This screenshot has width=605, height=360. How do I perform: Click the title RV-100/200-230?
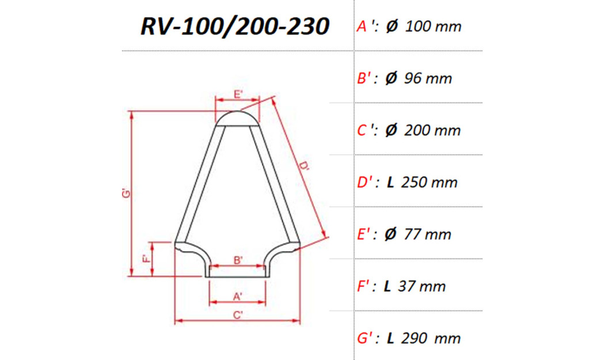pyautogui.click(x=235, y=26)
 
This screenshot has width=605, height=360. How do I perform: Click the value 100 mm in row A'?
pyautogui.click(x=433, y=26)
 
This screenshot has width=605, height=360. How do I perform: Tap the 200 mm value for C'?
pyautogui.click(x=432, y=130)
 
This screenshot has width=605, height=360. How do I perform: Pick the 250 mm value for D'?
pyautogui.click(x=429, y=183)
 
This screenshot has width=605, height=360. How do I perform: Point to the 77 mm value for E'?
pyautogui.click(x=427, y=234)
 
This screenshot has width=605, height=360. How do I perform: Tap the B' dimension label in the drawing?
pyautogui.click(x=238, y=260)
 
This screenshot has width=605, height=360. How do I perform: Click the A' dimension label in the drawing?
pyautogui.click(x=238, y=297)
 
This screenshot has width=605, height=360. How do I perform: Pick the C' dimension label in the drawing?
pyautogui.click(x=238, y=315)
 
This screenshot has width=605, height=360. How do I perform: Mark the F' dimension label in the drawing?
pyautogui.click(x=146, y=259)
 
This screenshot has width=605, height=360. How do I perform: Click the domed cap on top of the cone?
pyautogui.click(x=237, y=118)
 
